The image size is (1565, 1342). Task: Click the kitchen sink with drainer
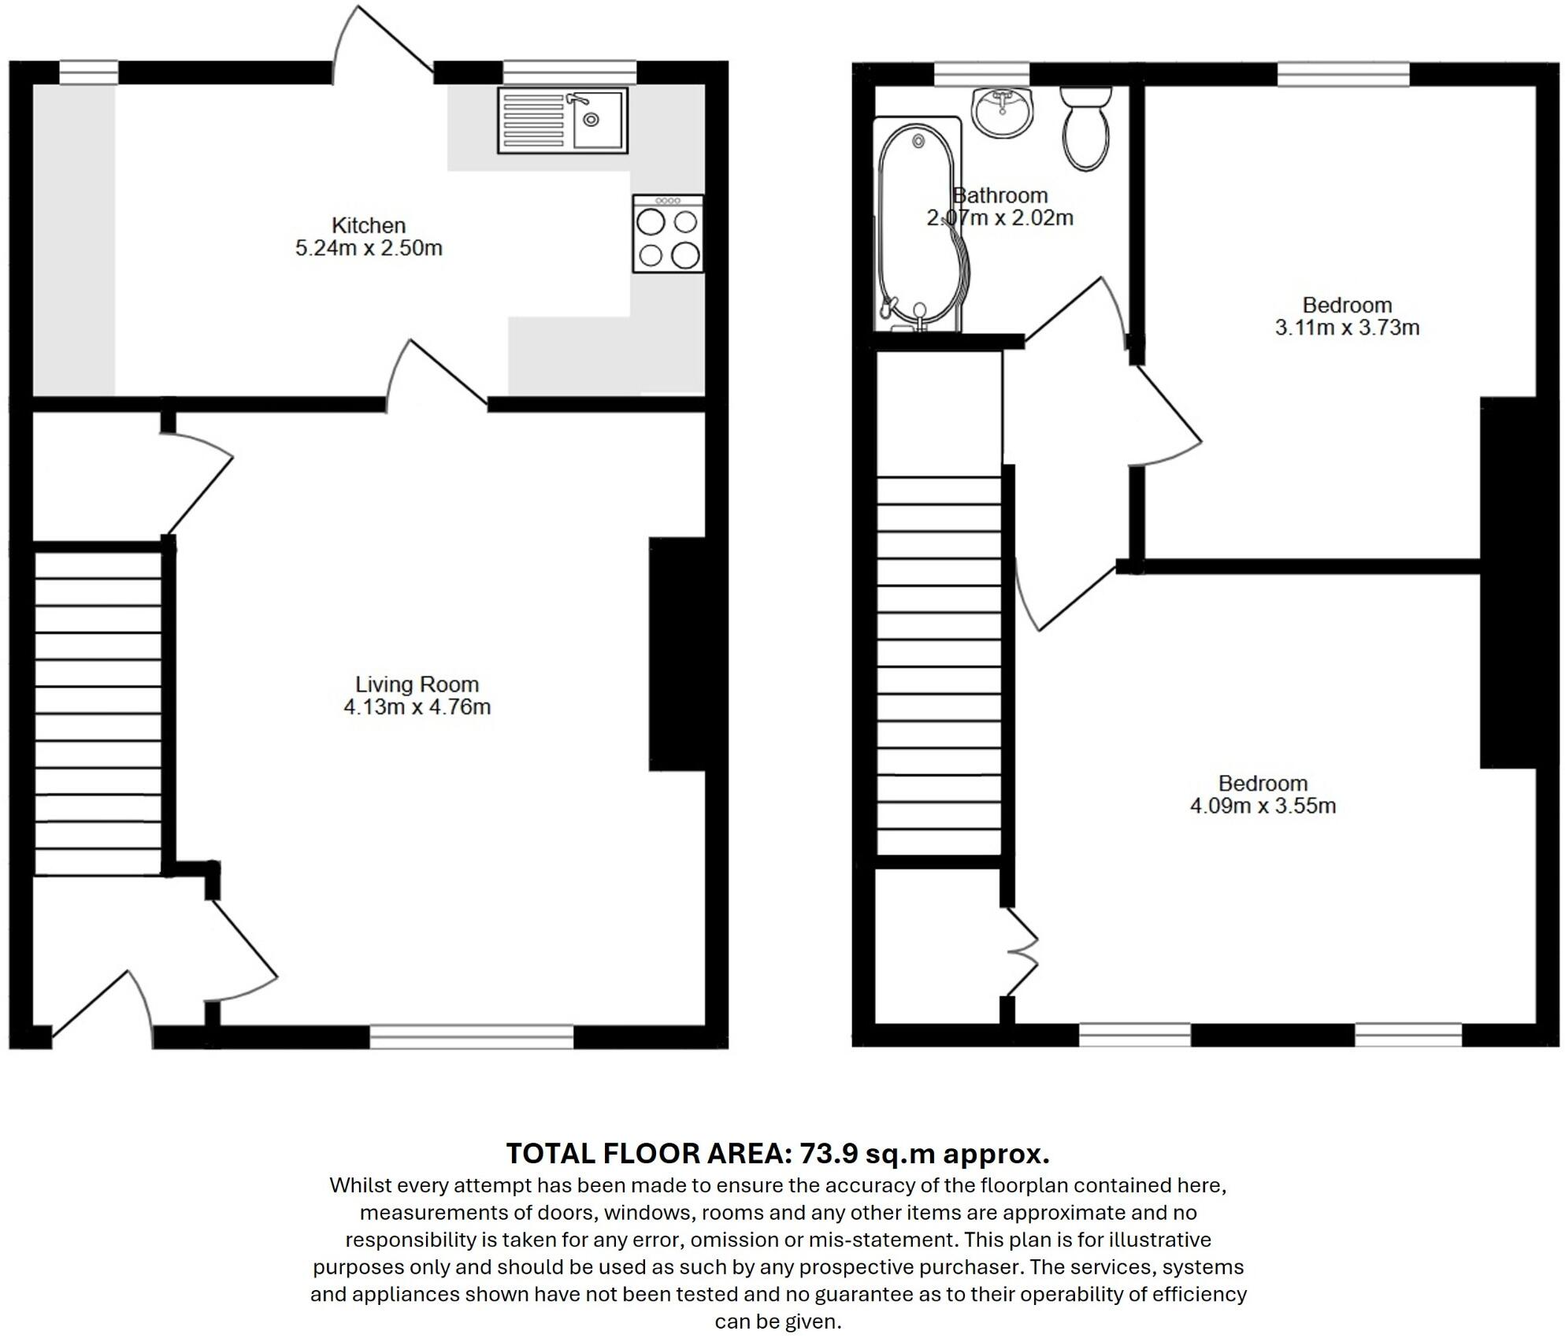562,120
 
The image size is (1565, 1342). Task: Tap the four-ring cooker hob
668,235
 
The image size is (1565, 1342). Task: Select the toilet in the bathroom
1086,129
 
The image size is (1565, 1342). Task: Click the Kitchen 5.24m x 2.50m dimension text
369,248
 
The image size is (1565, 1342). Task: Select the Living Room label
417,684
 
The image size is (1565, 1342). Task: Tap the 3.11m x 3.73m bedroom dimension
1347,328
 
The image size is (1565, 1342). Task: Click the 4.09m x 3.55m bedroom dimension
1263,806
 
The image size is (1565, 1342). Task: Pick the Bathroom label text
1000,195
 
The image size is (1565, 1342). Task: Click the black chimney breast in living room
677,653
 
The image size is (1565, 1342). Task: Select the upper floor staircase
939,665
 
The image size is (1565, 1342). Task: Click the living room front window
472,1036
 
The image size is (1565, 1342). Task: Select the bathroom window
981,74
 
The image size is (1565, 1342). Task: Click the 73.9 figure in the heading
828,1154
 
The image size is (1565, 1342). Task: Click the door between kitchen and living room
438,373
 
